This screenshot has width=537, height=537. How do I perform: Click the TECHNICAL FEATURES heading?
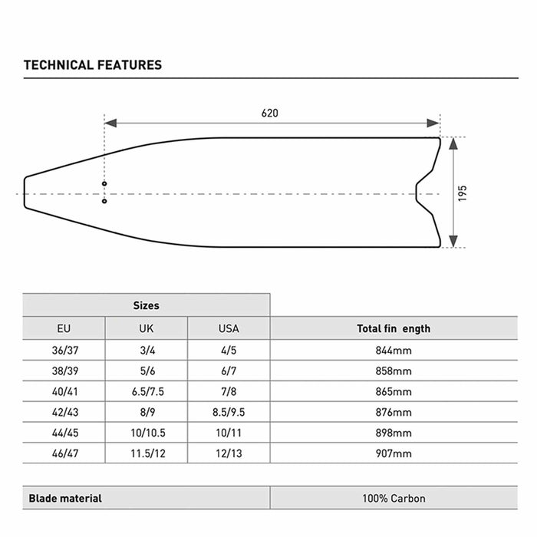pos(93,65)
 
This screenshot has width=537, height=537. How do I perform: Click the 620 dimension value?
pos(269,113)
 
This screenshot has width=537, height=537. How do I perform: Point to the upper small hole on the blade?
pos(104,184)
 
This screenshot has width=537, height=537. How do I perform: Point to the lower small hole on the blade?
pos(104,202)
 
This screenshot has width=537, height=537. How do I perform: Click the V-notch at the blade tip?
pos(418,193)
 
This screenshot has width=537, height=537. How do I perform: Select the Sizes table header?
pos(146,305)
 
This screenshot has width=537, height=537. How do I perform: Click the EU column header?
pos(64,328)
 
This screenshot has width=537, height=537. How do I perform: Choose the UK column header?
pos(146,328)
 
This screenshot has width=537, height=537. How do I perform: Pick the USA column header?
pos(229,328)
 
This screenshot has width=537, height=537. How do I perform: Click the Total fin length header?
pos(394,328)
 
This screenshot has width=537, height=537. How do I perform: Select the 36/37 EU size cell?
pos(64,350)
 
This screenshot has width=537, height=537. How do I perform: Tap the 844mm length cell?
pos(394,350)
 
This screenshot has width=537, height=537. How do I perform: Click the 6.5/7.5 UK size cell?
pos(146,391)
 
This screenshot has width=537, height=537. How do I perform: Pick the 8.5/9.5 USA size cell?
pos(229,412)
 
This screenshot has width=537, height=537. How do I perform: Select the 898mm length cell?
pos(394,433)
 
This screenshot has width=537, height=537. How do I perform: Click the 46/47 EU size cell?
pos(64,453)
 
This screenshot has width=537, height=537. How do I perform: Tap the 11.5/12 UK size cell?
pos(146,453)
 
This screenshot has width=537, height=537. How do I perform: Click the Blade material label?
pos(65,498)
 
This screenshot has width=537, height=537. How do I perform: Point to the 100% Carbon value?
pos(394,498)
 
